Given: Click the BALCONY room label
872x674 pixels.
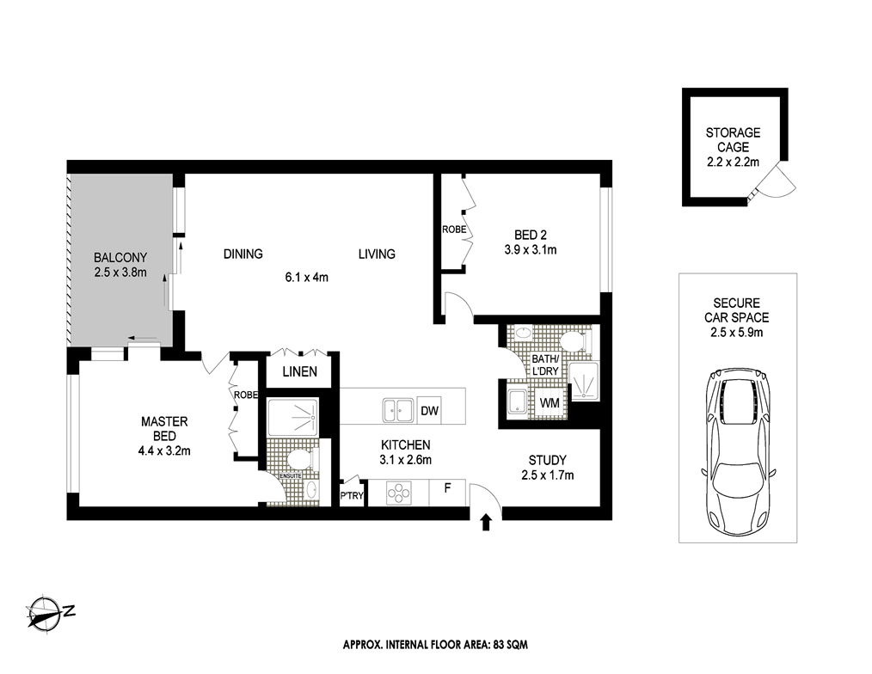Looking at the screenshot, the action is click(x=120, y=257).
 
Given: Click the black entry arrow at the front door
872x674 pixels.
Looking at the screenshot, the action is click(x=486, y=522).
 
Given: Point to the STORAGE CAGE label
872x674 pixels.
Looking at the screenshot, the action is click(x=733, y=139).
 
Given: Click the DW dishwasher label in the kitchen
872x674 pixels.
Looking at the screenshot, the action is click(x=429, y=411).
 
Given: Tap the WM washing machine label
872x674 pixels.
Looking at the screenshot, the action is click(x=550, y=402).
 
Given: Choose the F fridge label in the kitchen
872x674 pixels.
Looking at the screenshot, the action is click(x=447, y=488).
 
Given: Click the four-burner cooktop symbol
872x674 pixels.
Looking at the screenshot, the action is click(x=399, y=493).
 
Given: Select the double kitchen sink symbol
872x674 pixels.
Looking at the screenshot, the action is click(x=397, y=411).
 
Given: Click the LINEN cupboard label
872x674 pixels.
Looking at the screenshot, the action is click(x=300, y=371).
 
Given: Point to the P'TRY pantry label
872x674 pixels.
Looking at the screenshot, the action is click(x=352, y=496).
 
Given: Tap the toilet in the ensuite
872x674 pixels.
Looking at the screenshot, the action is click(x=304, y=459).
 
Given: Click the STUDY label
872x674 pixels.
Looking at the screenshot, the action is click(x=547, y=460).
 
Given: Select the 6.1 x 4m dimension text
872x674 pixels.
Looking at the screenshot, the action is click(x=306, y=277).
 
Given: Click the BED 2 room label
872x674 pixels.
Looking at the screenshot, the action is click(x=530, y=236).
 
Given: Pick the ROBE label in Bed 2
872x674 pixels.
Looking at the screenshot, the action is click(x=454, y=230).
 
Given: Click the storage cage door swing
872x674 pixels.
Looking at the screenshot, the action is click(x=778, y=179).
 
